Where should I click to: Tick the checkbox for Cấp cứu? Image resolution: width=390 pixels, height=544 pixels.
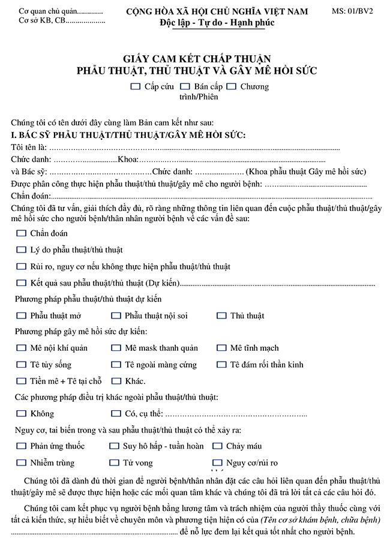coord(136,86)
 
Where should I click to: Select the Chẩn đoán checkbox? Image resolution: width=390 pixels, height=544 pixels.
coord(22,233)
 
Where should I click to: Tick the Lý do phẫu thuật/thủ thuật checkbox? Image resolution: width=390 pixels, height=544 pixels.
coord(22,250)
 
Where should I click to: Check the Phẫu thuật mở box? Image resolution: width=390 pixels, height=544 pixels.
coord(22,315)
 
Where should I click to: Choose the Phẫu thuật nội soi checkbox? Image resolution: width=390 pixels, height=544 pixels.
coord(115,315)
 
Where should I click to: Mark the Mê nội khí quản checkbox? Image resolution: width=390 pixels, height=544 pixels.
coord(22,348)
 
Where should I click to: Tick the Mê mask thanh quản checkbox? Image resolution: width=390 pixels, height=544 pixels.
coord(115,348)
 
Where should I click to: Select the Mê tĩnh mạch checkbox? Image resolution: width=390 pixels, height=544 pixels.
coord(221,348)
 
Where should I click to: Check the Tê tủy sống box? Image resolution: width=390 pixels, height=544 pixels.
coord(22,364)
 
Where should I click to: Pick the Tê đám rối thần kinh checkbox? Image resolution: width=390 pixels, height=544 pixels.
coord(221,364)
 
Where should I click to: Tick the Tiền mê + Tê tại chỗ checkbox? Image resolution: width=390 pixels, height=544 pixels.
coord(22,380)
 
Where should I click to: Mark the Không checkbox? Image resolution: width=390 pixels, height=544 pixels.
coord(22,413)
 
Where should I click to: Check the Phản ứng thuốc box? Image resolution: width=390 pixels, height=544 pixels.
coord(22,446)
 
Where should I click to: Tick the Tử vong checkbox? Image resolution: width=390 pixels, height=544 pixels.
coord(114,462)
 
